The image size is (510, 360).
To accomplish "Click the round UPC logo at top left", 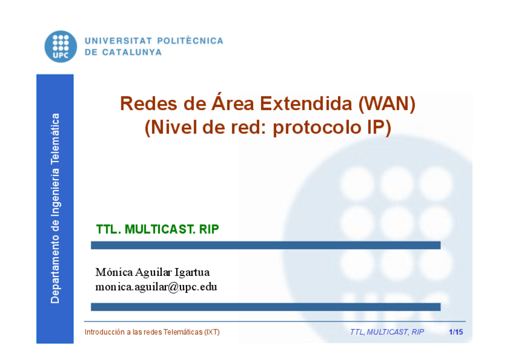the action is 61,46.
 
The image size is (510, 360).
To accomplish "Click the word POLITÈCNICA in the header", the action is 190,41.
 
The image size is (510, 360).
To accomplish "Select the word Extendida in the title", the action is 306,103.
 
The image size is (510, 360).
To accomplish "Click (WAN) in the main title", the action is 387,104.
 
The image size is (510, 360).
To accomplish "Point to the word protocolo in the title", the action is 317,128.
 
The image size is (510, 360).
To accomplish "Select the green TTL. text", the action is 109,230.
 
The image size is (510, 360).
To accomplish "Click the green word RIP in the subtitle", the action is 209,230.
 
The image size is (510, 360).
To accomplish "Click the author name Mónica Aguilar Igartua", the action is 153,272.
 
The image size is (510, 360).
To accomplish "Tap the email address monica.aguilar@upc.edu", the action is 156,287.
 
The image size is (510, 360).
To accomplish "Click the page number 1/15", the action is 456,332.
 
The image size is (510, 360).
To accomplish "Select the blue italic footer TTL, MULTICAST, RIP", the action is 387,332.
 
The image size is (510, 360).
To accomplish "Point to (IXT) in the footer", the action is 212,332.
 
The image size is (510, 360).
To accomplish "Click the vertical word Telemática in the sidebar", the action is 55,138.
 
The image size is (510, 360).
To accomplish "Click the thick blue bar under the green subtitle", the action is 265,245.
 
